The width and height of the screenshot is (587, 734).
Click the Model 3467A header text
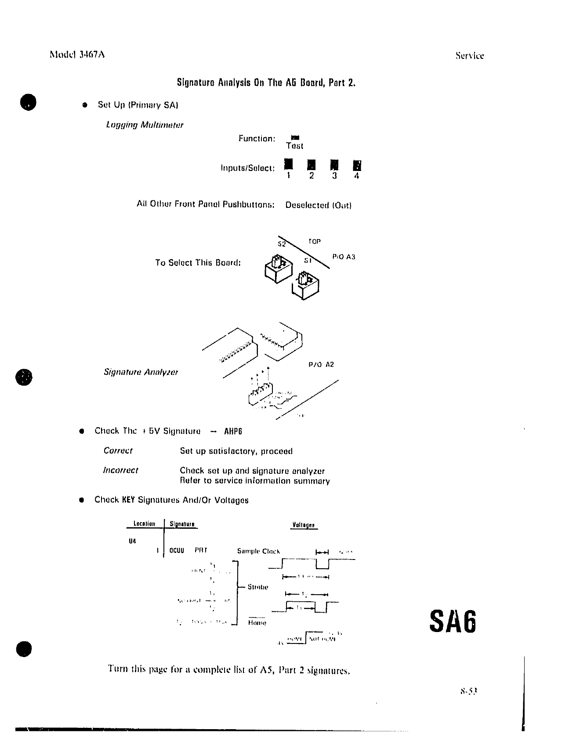[77, 55]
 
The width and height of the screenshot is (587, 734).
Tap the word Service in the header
[469, 56]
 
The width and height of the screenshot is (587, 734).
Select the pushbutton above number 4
[357, 165]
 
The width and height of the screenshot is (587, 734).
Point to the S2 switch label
[282, 244]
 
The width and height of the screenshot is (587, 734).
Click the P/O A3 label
[344, 257]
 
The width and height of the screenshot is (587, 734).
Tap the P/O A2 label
[321, 364]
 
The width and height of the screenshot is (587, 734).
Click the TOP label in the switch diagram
[314, 241]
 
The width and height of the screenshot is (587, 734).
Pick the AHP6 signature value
[233, 431]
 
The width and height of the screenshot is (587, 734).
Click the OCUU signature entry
[177, 550]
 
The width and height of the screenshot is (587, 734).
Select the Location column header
[144, 524]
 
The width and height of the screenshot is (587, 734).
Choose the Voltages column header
[303, 525]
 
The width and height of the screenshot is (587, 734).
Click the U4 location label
[132, 541]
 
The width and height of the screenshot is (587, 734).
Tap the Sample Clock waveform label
[258, 551]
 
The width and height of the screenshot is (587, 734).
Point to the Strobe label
[258, 587]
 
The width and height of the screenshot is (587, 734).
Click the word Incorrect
[120, 470]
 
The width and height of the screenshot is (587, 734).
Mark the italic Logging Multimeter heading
[145, 125]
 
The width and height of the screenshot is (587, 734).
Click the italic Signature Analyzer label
[141, 372]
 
